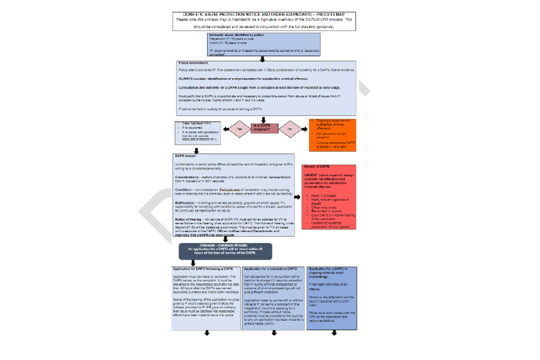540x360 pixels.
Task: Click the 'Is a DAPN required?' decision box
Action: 264,128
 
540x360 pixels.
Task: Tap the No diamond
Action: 289,128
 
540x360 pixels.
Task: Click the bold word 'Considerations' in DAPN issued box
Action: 188,176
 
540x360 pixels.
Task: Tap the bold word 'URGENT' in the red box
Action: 312,175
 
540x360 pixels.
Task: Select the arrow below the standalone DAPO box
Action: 274,334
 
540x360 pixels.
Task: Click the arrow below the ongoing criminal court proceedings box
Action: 334,334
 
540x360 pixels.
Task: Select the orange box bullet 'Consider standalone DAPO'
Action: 336,143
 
